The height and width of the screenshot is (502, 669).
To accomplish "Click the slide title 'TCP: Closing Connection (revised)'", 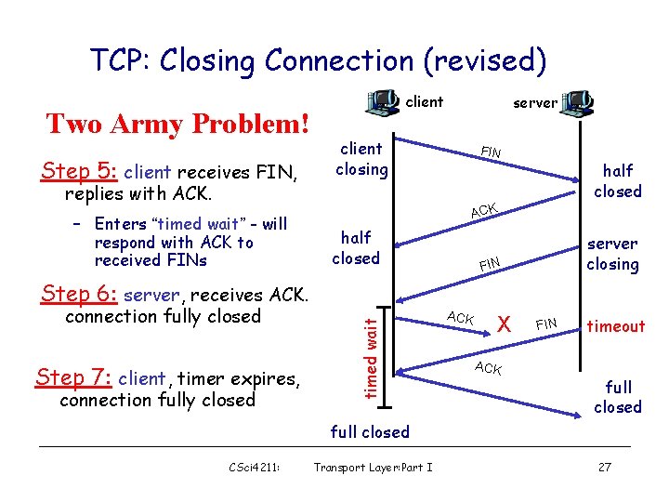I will pyautogui.click(x=318, y=60).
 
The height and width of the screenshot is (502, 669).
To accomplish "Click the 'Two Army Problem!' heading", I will pyautogui.click(x=177, y=124).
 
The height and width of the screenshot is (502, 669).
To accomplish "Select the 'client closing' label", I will pyautogui.click(x=361, y=158).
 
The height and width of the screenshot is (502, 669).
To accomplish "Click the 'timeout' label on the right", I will pyautogui.click(x=614, y=326).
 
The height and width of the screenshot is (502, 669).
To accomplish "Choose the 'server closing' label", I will pyautogui.click(x=612, y=254).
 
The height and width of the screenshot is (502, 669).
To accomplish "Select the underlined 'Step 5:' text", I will pyautogui.click(x=79, y=172).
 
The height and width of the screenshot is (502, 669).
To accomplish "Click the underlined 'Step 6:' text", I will pyautogui.click(x=79, y=295).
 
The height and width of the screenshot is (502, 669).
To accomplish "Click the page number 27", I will pyautogui.click(x=604, y=467).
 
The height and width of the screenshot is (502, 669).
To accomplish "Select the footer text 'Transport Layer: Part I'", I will pyautogui.click(x=374, y=467).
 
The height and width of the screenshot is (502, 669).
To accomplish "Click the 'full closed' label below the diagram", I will pyautogui.click(x=370, y=431).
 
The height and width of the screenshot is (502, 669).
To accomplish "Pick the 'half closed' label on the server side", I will pyautogui.click(x=618, y=180).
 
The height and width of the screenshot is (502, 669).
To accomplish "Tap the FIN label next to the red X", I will pyautogui.click(x=546, y=324).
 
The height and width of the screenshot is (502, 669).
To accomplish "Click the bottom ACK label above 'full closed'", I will pyautogui.click(x=488, y=368).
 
